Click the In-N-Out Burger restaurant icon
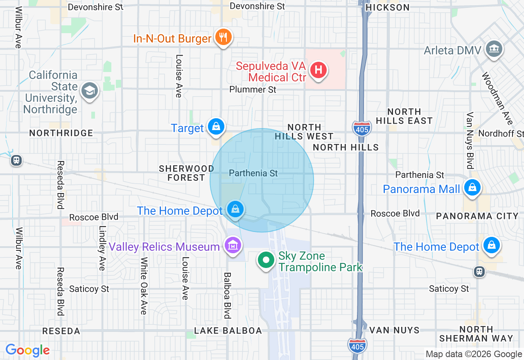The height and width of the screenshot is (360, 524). [x=223, y=38]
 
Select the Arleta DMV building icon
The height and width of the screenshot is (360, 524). [x=494, y=49]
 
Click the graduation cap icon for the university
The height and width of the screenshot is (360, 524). [x=89, y=91]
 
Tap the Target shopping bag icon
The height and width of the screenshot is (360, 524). [x=216, y=127]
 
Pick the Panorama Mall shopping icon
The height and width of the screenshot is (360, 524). [x=472, y=188]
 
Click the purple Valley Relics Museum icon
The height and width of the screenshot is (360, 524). [x=233, y=245]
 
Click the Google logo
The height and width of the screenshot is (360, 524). [x=27, y=350]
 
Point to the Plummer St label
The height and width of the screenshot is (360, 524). [x=253, y=89]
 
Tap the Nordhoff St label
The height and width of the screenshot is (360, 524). [x=501, y=134]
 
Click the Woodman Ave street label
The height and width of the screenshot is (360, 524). [x=497, y=99]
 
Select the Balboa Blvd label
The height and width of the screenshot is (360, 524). [x=227, y=295]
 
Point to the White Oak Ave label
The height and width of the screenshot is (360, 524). [x=143, y=286]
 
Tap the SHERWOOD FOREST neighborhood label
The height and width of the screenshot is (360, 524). [x=187, y=173]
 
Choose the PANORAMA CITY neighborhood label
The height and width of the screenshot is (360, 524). [x=477, y=216]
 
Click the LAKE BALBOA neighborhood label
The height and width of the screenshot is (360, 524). [x=228, y=331]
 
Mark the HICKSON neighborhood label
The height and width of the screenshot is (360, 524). [x=387, y=7]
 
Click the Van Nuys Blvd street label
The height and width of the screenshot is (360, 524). [x=470, y=140]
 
